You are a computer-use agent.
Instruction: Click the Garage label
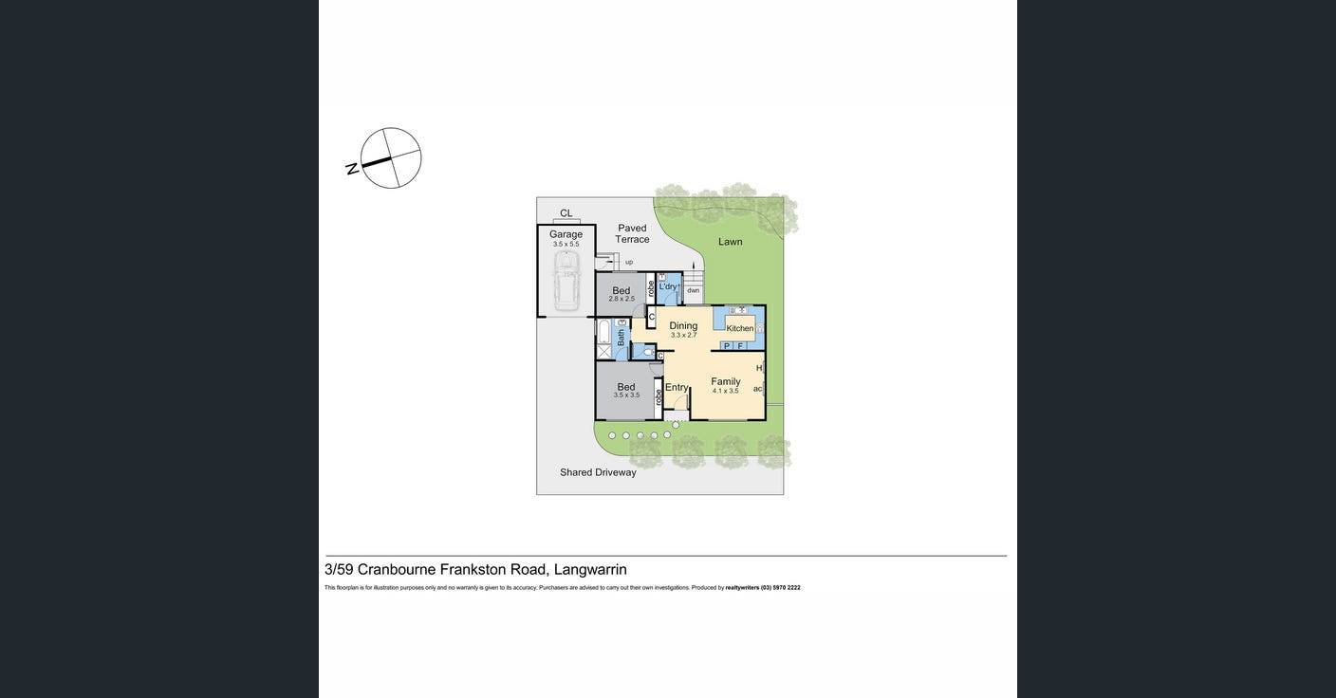click(x=566, y=234)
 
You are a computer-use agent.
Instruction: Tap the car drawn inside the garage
click(x=566, y=280)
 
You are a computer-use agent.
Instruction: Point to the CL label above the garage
click(x=566, y=213)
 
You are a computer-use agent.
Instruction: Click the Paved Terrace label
click(x=632, y=233)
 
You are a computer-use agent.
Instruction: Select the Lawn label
click(x=731, y=242)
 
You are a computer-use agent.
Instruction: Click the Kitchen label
click(x=740, y=328)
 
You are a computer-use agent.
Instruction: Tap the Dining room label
click(x=683, y=325)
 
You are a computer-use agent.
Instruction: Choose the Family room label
click(x=726, y=381)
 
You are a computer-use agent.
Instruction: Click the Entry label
click(x=677, y=387)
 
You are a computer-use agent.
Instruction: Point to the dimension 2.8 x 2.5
click(x=622, y=299)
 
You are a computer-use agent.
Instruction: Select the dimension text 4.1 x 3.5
click(x=726, y=391)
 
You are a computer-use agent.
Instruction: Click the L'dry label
click(x=668, y=286)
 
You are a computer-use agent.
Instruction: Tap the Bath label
click(x=622, y=337)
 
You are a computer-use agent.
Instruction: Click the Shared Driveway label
click(x=598, y=472)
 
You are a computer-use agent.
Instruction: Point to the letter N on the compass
click(x=352, y=169)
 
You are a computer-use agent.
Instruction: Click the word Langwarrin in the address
click(x=590, y=570)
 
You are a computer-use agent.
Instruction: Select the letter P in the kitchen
click(x=727, y=346)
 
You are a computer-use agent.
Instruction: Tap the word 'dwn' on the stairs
click(x=694, y=290)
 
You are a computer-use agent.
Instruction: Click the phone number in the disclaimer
click(x=781, y=588)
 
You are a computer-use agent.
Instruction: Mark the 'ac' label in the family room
click(x=758, y=388)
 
